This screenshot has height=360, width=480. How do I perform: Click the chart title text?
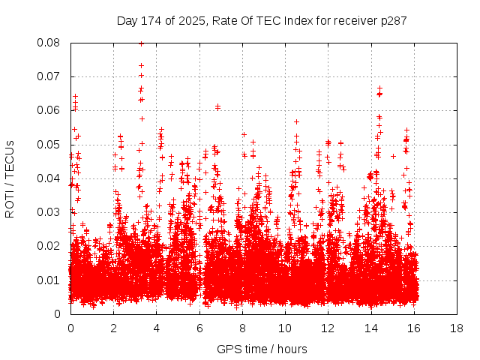pyautogui.click(x=262, y=20)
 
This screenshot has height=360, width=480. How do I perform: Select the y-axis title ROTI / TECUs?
pyautogui.click(x=10, y=178)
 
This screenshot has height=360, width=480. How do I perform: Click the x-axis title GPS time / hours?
pyautogui.click(x=262, y=349)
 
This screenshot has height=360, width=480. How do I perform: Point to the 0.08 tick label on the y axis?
pyautogui.click(x=49, y=43)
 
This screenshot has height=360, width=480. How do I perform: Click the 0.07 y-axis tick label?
pyautogui.click(x=49, y=76)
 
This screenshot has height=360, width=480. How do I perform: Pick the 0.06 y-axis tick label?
pyautogui.click(x=49, y=110)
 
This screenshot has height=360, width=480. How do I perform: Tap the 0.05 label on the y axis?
pyautogui.click(x=49, y=144)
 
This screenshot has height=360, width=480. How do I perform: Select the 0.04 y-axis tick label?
pyautogui.click(x=49, y=178)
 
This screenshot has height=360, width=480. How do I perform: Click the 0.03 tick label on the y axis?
pyautogui.click(x=49, y=212)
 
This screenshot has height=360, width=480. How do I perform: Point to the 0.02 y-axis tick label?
pyautogui.click(x=49, y=246)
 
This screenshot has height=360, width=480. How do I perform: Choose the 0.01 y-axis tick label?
pyautogui.click(x=49, y=280)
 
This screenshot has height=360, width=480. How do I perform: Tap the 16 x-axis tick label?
pyautogui.click(x=414, y=328)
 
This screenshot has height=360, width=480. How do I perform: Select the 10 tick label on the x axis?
pyautogui.click(x=285, y=328)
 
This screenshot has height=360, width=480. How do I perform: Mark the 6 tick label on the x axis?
pyautogui.click(x=199, y=328)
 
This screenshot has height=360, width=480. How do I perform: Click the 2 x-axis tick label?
pyautogui.click(x=113, y=328)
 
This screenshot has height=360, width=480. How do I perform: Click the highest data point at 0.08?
pyautogui.click(x=141, y=43)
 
